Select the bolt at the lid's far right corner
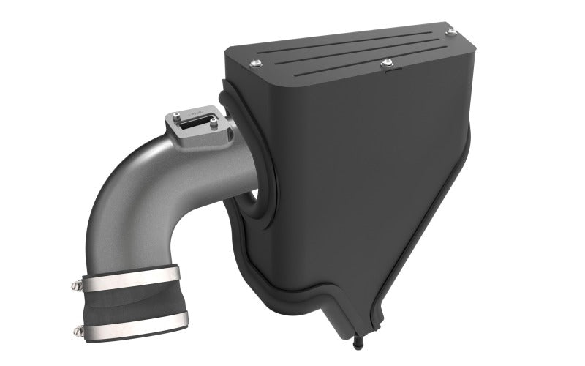[x=450, y=33]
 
